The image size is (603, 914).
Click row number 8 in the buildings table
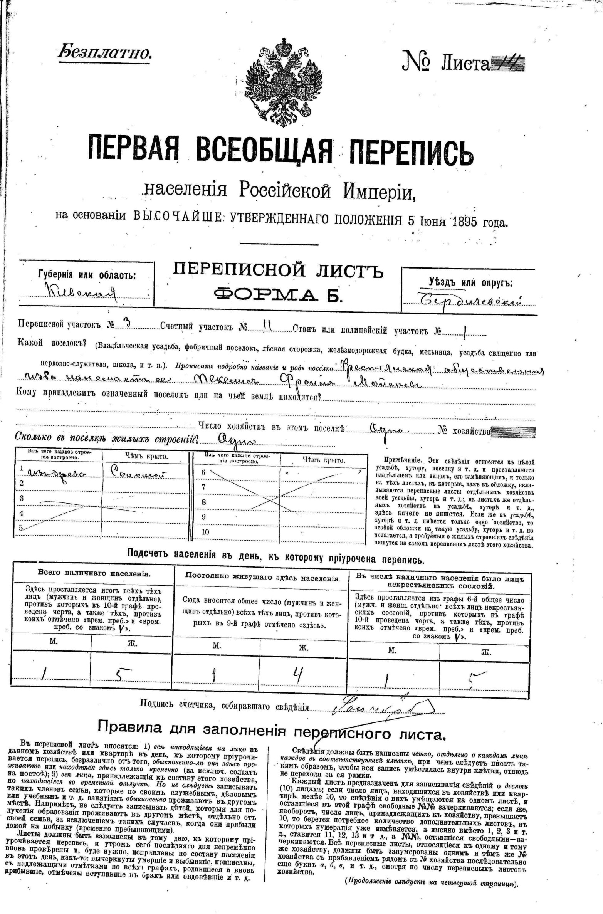[204, 502]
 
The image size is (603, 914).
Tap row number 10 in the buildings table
[205, 532]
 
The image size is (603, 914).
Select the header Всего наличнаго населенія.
[94, 573]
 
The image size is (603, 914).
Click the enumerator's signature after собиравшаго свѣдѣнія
[381, 706]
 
